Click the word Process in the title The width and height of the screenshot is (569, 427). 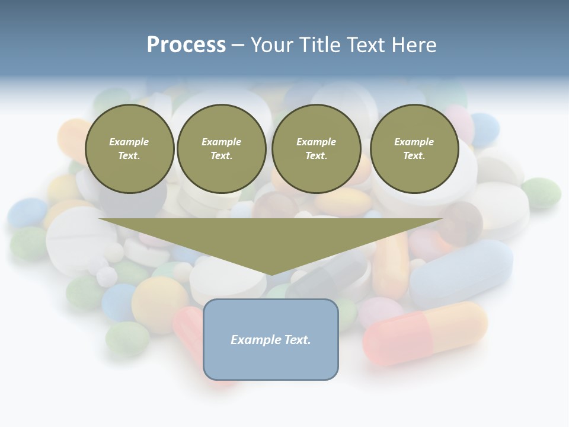(186, 45)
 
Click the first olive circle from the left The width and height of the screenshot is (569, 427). (130, 149)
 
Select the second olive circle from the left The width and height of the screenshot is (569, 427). (222, 149)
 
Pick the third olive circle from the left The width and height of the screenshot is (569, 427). (317, 149)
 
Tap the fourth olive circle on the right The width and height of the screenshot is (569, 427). (414, 149)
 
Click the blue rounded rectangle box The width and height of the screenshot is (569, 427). (271, 339)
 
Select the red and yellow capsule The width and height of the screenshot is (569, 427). (426, 332)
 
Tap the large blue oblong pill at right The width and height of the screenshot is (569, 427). (462, 272)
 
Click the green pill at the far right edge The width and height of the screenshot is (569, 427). (541, 192)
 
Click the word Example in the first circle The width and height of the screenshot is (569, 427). (129, 142)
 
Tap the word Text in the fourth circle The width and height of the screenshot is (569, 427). (414, 156)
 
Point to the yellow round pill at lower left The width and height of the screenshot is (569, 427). (159, 303)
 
